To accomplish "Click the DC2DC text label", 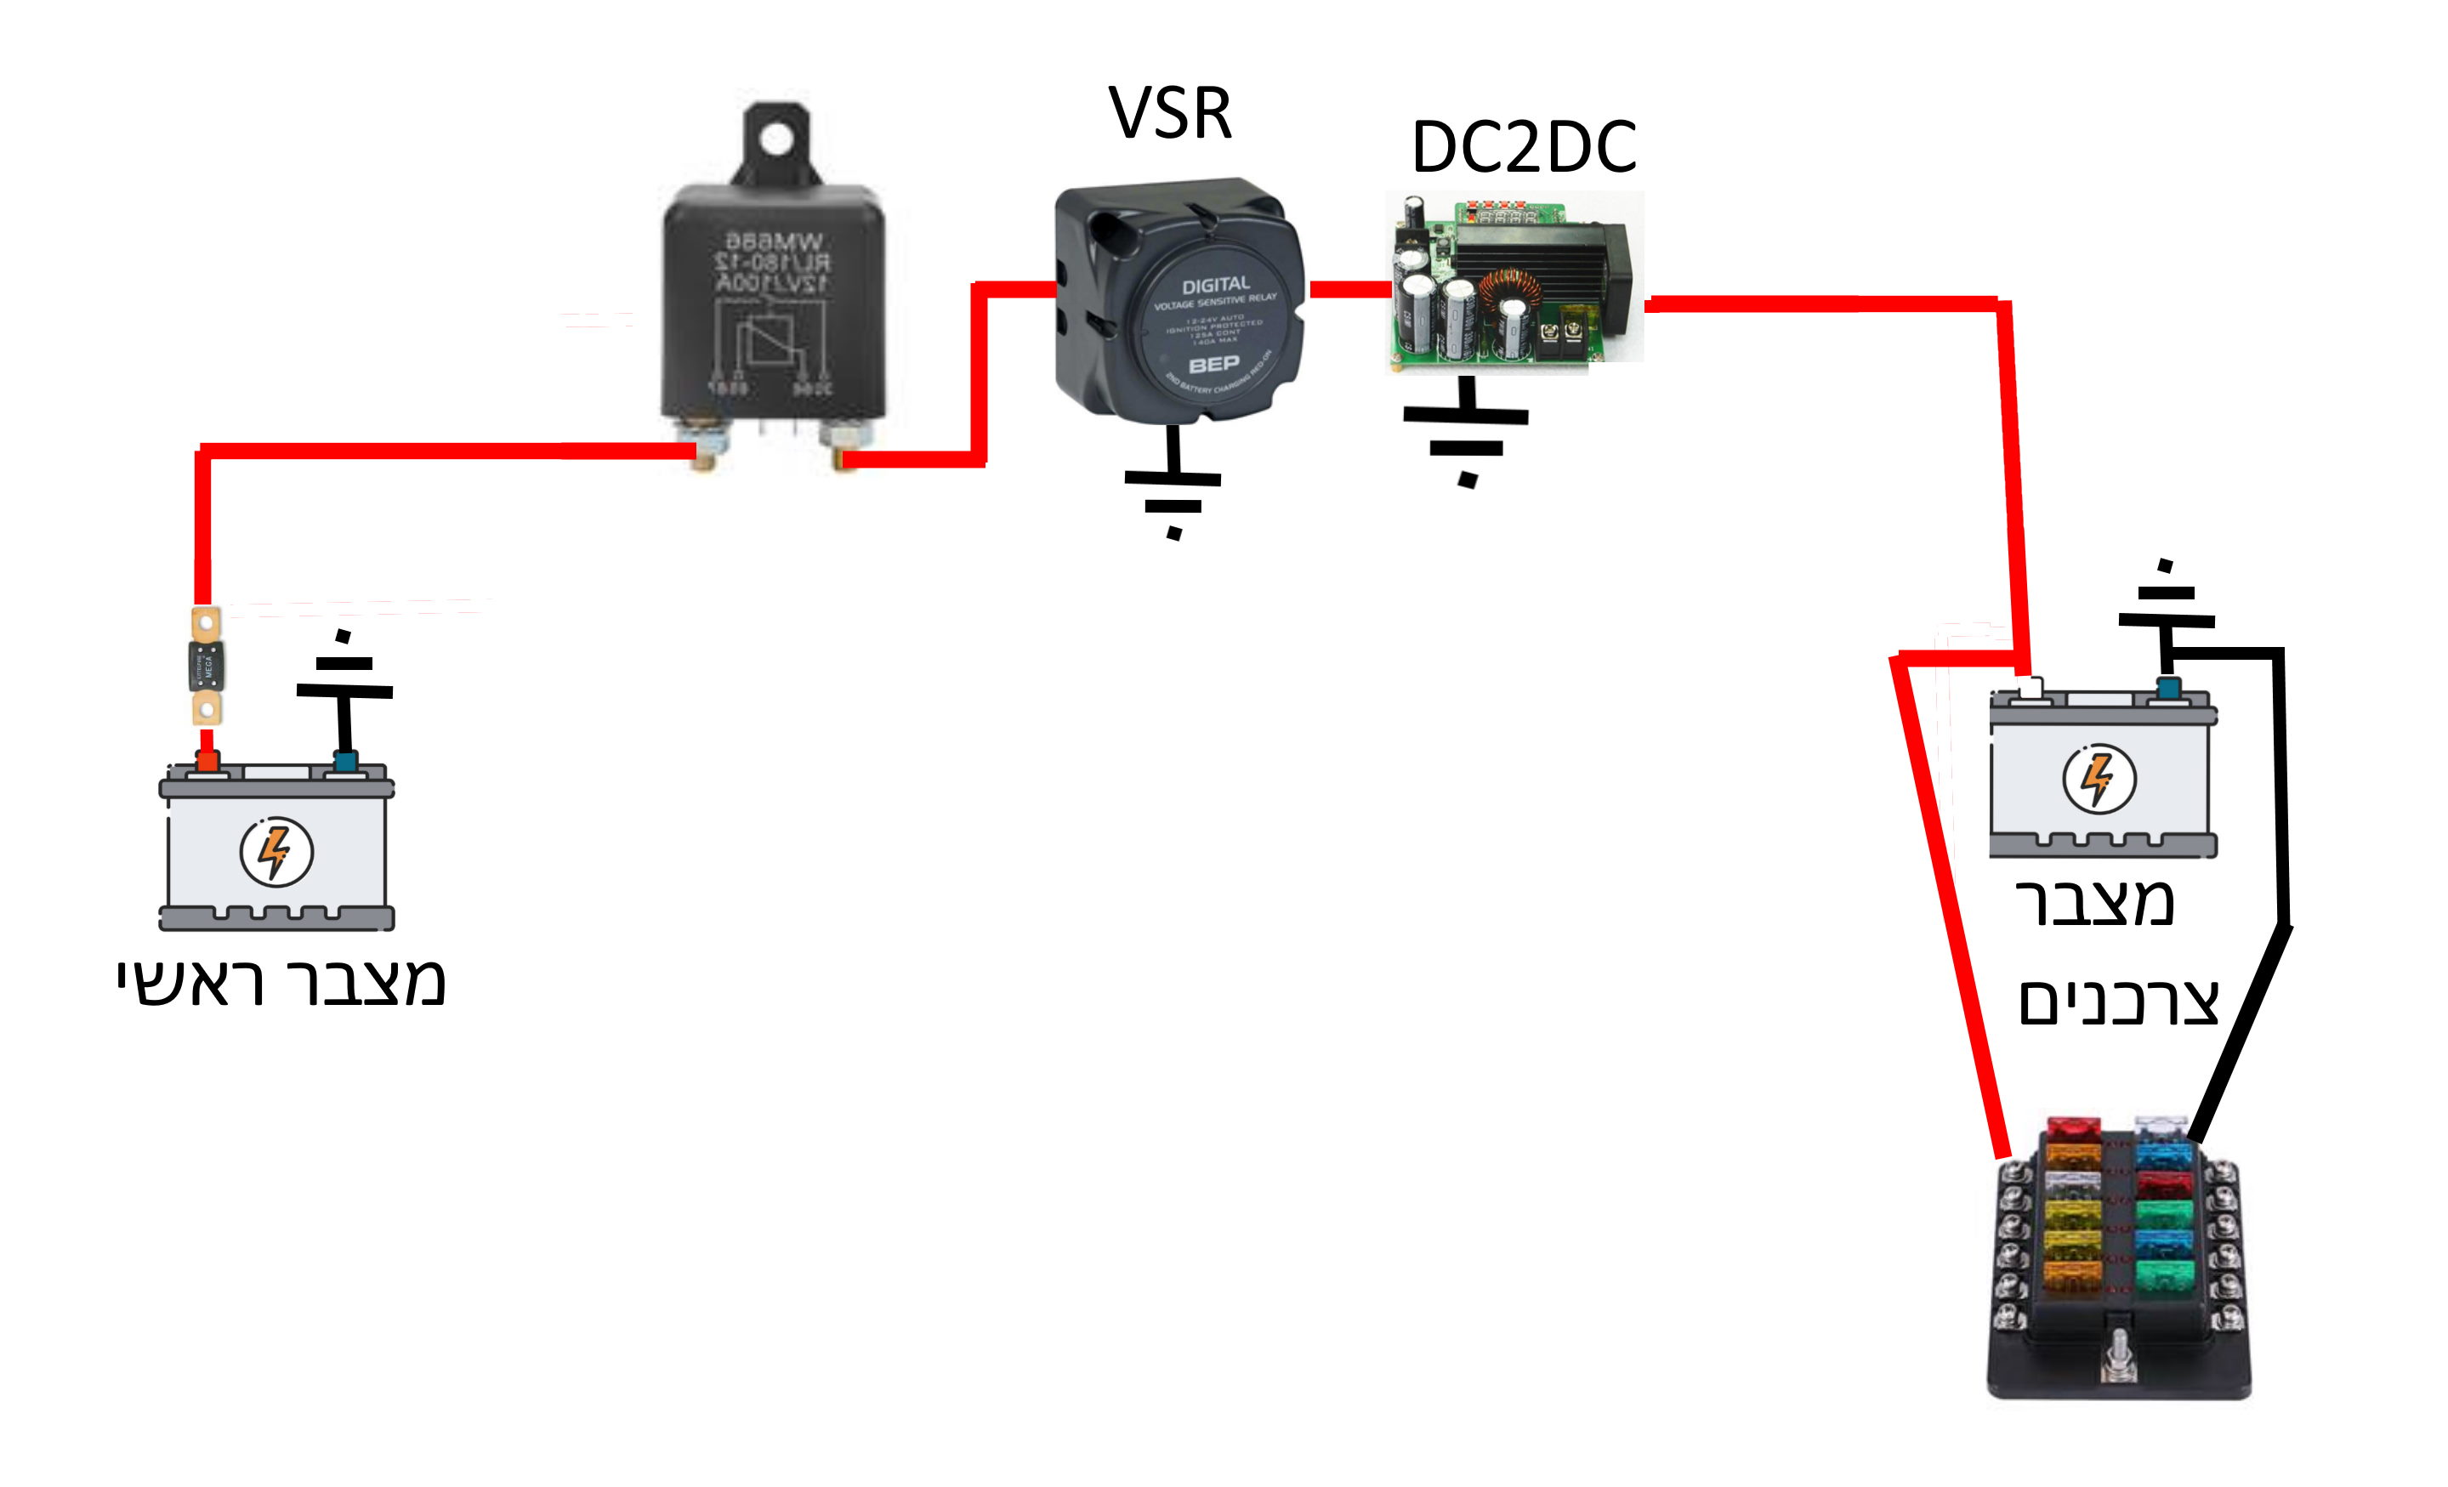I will (x=1523, y=147).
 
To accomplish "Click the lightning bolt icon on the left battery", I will (x=276, y=851).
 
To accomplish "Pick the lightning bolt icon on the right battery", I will (x=2099, y=778).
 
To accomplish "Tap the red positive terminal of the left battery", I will (x=207, y=762).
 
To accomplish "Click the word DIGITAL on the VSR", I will (x=1215, y=285).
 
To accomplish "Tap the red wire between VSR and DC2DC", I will (x=1349, y=289).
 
